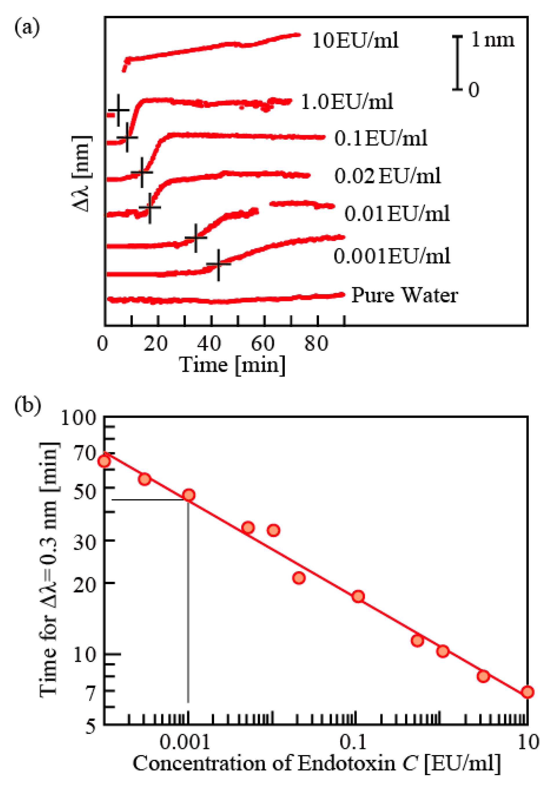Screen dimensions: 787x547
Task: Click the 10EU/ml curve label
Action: [355, 41]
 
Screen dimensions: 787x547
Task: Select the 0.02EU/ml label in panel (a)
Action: [387, 176]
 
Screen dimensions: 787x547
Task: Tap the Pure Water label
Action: [404, 295]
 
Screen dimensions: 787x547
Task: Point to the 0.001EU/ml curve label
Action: [392, 256]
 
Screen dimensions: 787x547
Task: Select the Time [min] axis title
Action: [232, 365]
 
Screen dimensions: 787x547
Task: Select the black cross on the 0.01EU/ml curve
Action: [196, 238]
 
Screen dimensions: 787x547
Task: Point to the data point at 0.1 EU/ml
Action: [358, 596]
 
